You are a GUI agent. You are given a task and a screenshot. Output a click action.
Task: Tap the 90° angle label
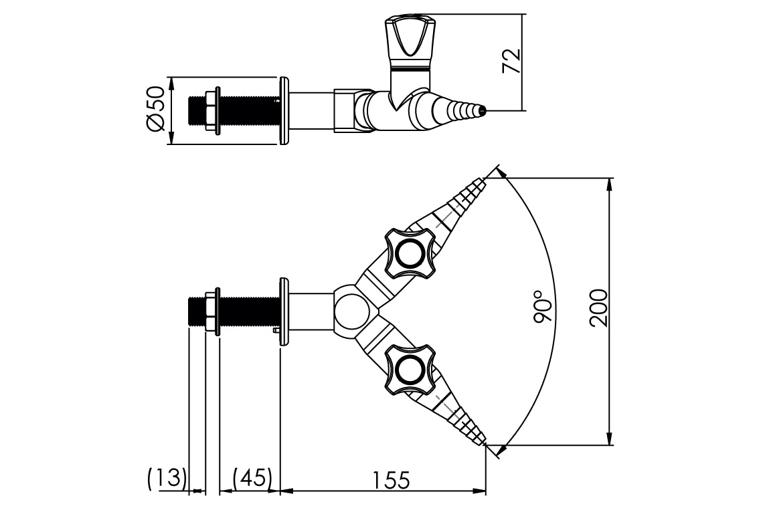coord(543,307)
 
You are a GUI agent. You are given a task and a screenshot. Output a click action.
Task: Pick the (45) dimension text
coord(252,478)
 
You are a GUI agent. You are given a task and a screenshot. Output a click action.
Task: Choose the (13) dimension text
coord(166,478)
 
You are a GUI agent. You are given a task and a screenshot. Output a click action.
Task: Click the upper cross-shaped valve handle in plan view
coord(408,253)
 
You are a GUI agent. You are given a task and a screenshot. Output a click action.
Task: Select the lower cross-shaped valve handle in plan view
coord(408,368)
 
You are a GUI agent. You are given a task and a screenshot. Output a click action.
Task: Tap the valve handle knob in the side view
coord(407,39)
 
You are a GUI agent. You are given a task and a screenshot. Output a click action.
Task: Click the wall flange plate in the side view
coord(284,111)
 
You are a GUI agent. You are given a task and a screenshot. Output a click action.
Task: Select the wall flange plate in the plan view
coord(284,312)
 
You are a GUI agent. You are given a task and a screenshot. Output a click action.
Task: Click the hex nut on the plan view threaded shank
coord(214,312)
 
